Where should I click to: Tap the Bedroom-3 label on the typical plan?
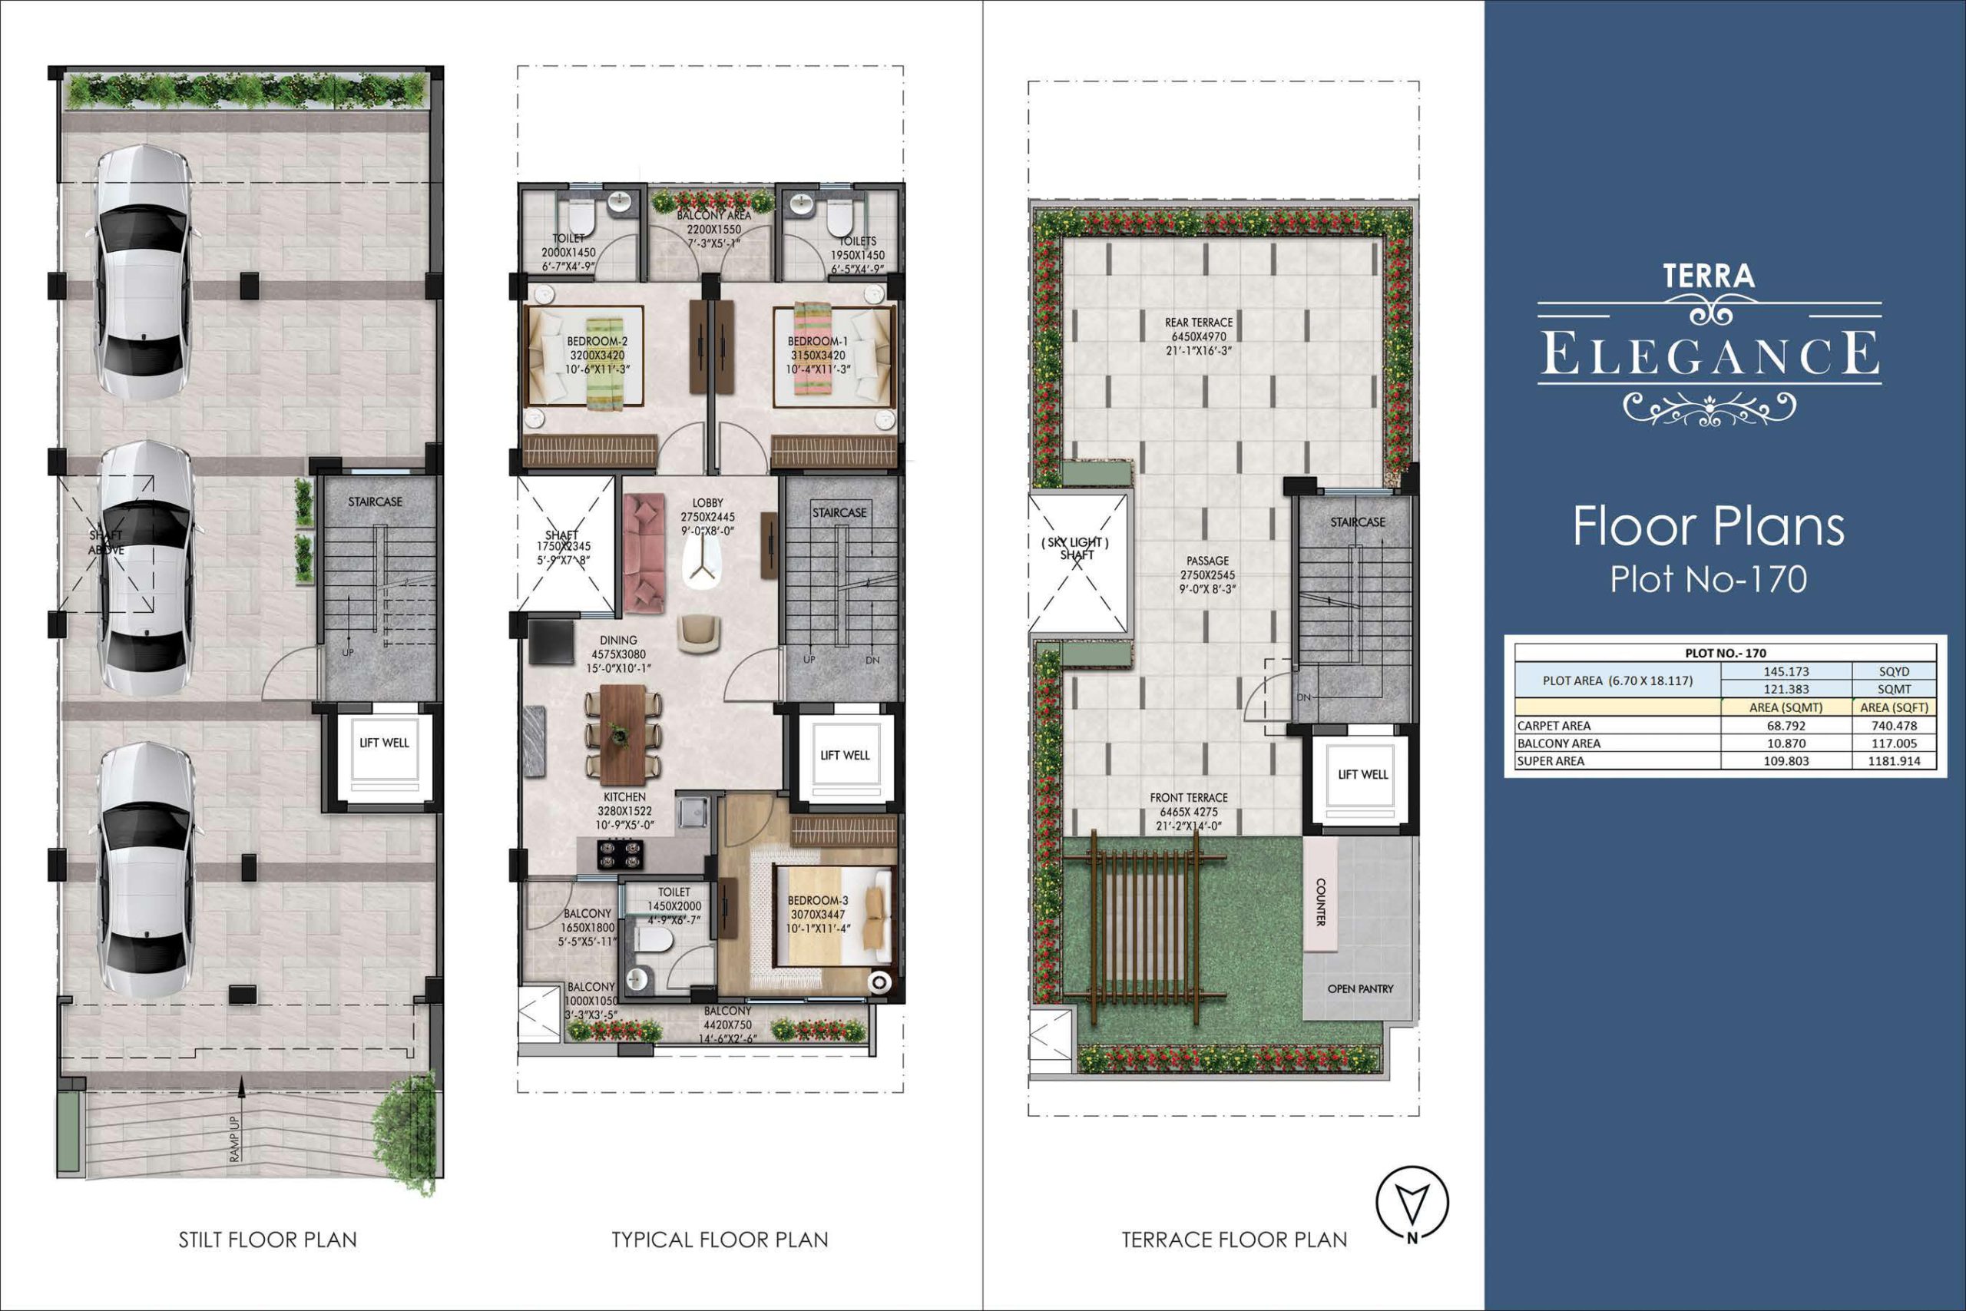pos(817,900)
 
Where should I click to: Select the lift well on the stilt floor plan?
pos(384,755)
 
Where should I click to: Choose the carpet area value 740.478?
pos(1893,726)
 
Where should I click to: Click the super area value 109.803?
pos(1786,761)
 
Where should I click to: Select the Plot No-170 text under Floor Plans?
pos(1709,578)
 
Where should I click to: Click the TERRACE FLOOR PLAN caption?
pos(1234,1239)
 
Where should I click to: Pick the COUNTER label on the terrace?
pos(1321,902)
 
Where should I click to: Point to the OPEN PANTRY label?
pos(1360,988)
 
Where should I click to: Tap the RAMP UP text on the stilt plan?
pos(235,1138)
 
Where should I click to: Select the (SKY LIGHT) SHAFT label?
pos(1076,548)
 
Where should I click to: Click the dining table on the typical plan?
pos(623,733)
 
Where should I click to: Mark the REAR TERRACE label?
pos(1199,322)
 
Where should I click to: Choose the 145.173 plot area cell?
pos(1786,671)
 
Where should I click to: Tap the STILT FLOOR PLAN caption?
pos(267,1239)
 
